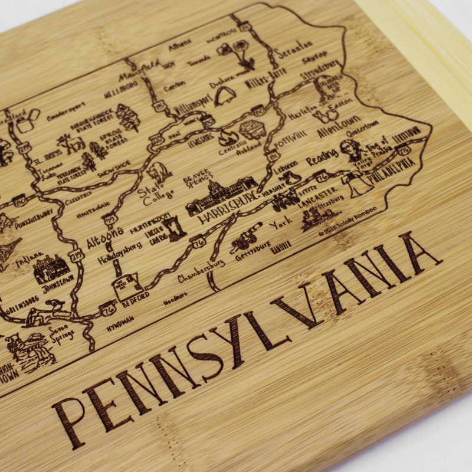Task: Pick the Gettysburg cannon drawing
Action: pos(243,242)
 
